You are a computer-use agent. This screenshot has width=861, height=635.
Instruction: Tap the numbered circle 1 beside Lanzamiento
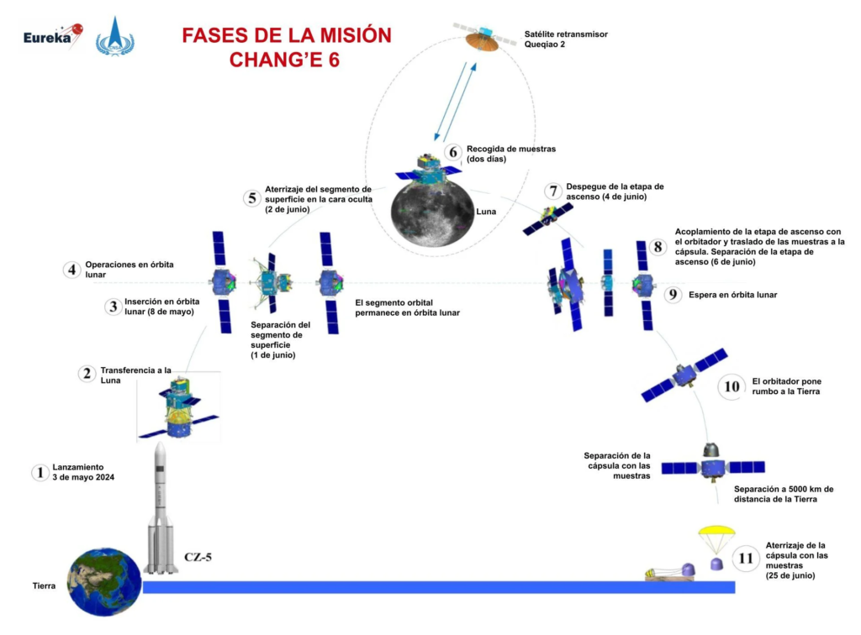[39, 472]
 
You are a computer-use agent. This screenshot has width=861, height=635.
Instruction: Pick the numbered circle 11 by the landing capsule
[745, 558]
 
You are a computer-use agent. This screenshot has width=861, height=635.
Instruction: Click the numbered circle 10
[732, 386]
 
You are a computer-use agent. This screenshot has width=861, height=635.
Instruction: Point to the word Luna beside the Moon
[486, 213]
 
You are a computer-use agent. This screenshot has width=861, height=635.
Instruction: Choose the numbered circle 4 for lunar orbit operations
[72, 270]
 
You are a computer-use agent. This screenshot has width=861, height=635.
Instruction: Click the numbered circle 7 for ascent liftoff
[552, 192]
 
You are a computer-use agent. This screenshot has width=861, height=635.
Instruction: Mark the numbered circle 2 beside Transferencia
[86, 374]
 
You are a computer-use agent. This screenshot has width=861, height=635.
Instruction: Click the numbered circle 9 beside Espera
[671, 294]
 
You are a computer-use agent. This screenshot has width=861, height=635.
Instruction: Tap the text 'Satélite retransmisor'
[564, 34]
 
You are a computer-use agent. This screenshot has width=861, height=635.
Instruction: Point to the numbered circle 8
[657, 247]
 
